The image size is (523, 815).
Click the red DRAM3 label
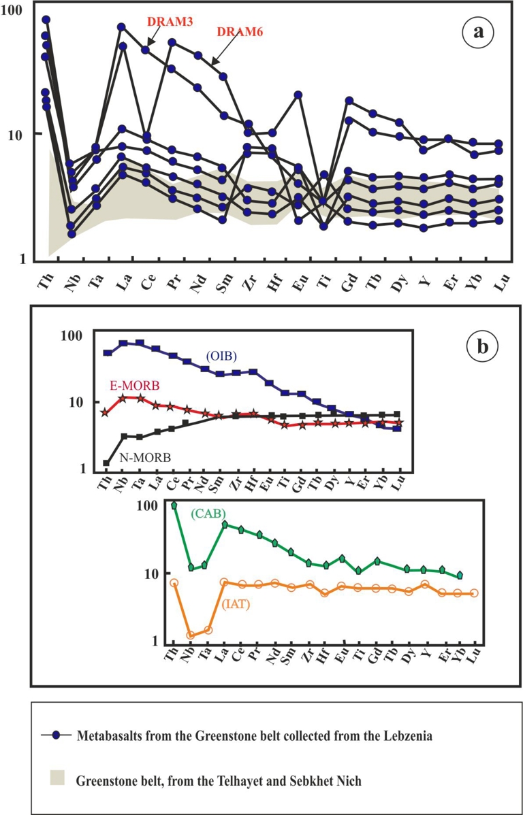pyautogui.click(x=170, y=22)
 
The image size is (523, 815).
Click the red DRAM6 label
pyautogui.click(x=240, y=31)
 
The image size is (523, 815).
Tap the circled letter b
pyautogui.click(x=481, y=348)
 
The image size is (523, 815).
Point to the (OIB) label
pyautogui.click(x=223, y=355)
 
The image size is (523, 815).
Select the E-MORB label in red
pyautogui.click(x=134, y=386)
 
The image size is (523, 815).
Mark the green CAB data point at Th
pyautogui.click(x=174, y=505)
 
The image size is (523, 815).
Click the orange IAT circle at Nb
pyautogui.click(x=191, y=635)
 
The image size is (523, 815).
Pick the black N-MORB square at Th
pyautogui.click(x=106, y=463)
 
